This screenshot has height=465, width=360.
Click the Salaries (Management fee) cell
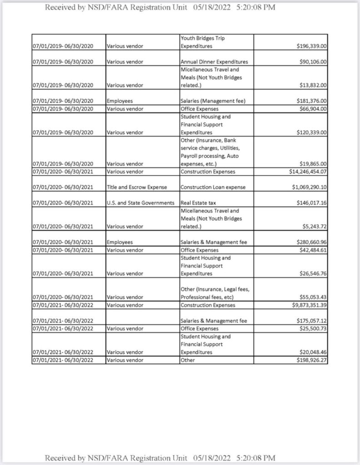tap(213, 101)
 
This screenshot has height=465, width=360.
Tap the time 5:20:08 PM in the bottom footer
tap(256, 457)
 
